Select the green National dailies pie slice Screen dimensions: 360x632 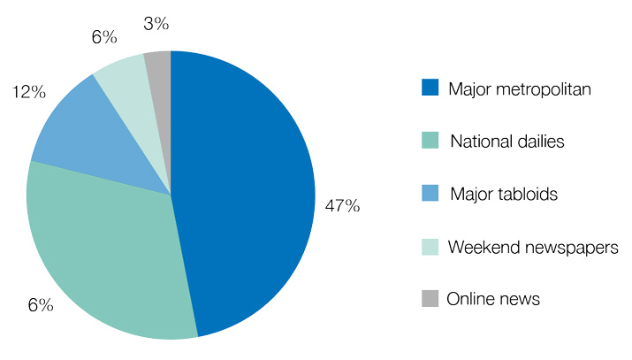click(106, 248)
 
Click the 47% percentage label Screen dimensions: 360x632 click(341, 206)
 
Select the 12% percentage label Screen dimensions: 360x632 click(28, 92)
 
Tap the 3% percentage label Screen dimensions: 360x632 click(156, 25)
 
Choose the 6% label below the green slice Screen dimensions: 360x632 click(41, 305)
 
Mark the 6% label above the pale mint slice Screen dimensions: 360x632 click(103, 37)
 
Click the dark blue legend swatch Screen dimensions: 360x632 click(430, 88)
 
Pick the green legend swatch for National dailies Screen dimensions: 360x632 click(430, 141)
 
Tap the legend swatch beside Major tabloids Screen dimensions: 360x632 click(430, 194)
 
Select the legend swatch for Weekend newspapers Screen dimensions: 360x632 click(430, 247)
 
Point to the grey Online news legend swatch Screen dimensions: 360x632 click(430, 299)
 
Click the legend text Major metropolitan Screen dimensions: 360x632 click(519, 88)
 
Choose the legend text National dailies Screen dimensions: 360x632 click(506, 142)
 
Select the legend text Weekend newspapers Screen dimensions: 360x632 click(533, 247)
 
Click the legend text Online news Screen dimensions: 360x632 click(493, 300)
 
